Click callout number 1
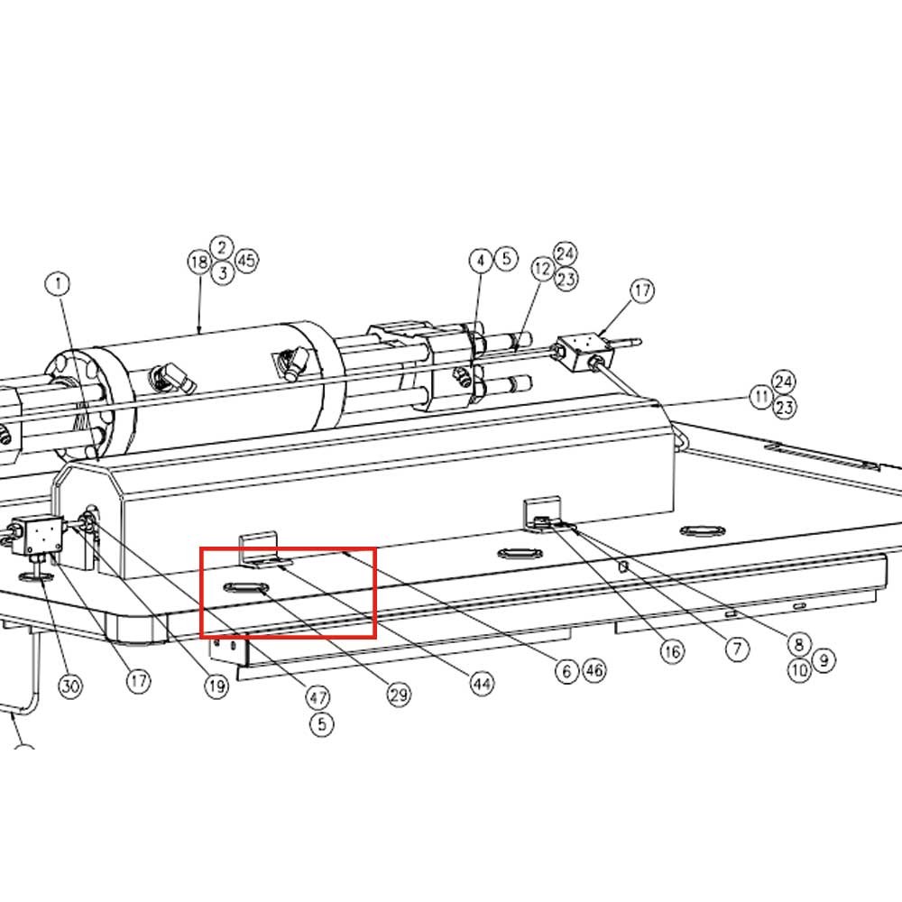point(59,283)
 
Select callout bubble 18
point(199,262)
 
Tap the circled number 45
point(246,261)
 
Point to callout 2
point(222,248)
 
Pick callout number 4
point(481,261)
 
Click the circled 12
point(542,268)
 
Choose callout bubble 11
point(762,396)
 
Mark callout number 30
point(70,686)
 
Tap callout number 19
point(216,686)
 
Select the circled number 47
point(318,698)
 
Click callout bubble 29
point(400,695)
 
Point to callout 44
point(482,684)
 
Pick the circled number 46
point(594,670)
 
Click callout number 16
point(672,652)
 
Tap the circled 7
point(738,649)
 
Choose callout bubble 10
point(799,669)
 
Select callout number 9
point(824,660)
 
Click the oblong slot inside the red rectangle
point(245,587)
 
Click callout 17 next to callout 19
point(139,681)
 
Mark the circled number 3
point(223,272)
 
